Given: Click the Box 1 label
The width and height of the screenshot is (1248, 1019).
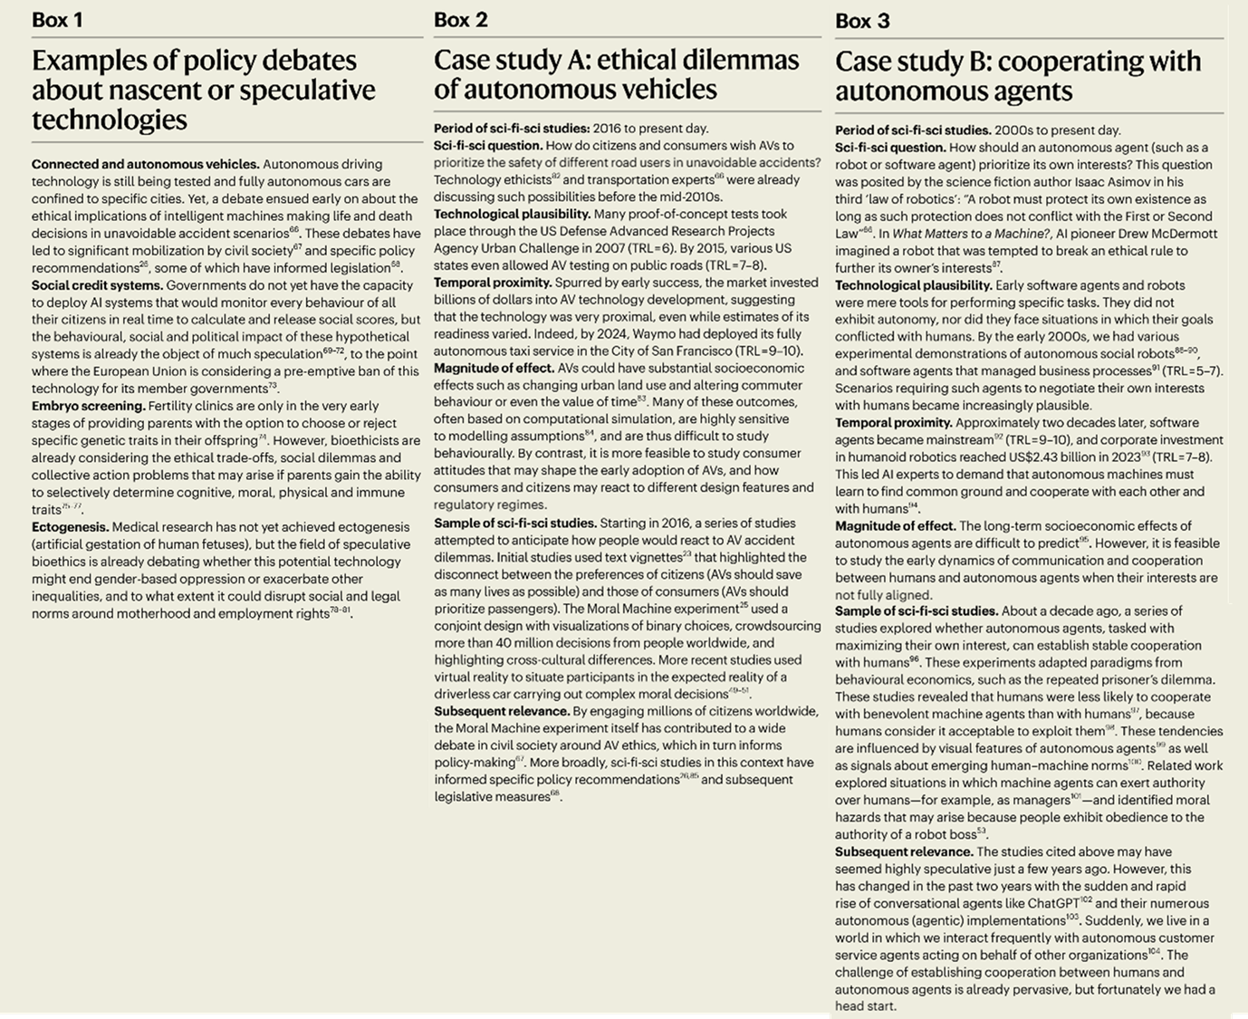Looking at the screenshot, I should coord(57,20).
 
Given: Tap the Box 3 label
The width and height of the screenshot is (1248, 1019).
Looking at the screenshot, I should coord(862,21).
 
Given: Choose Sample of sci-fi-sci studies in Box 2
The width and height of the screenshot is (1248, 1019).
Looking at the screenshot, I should coord(514,523).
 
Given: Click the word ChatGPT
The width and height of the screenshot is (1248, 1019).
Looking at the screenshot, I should coord(1052,903).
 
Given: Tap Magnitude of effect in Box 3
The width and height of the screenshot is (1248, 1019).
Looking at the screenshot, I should coord(895,526).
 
